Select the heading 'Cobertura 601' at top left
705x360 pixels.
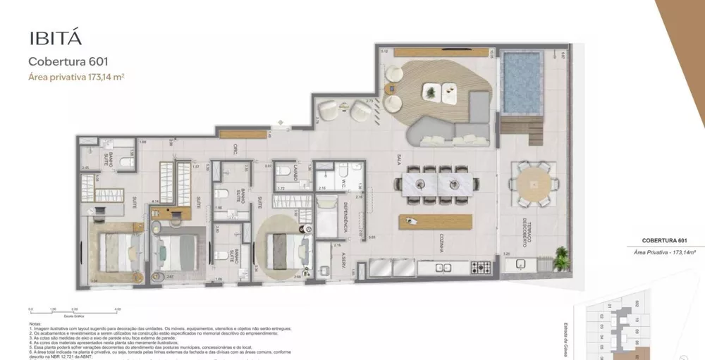pos(68,61)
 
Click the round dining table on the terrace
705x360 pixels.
pos(534,183)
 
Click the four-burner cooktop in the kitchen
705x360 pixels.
pos(482,268)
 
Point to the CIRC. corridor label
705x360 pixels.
pos(235,149)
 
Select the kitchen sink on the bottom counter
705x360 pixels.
pos(445,268)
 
